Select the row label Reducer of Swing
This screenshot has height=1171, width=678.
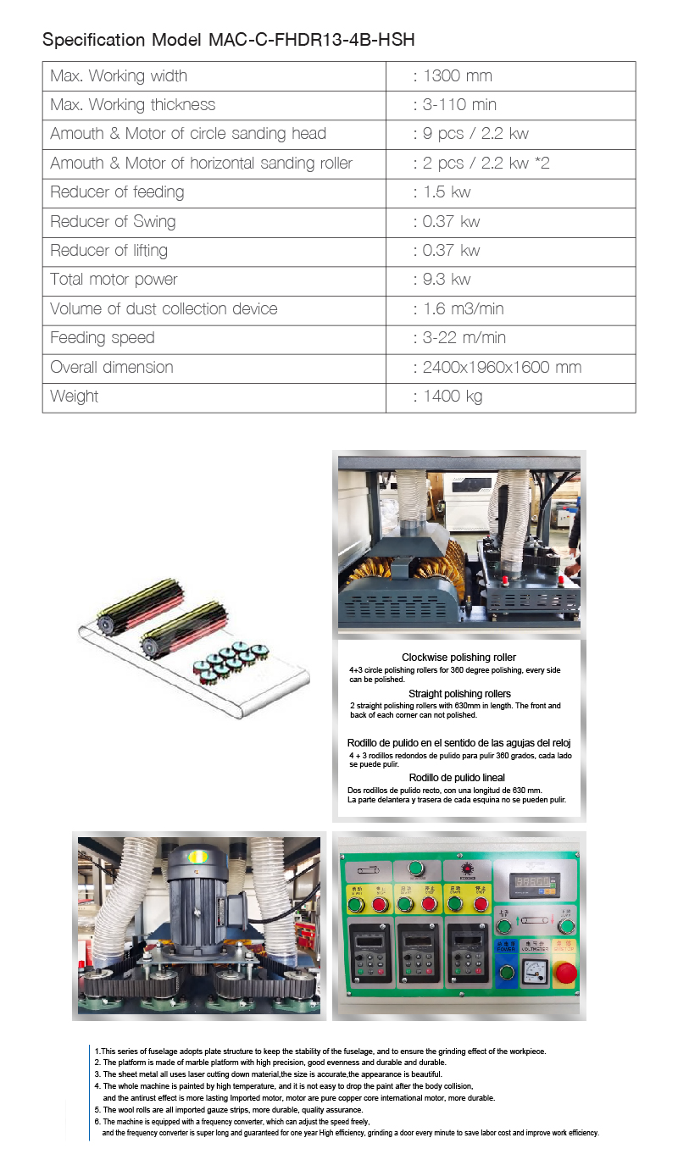pos(113,222)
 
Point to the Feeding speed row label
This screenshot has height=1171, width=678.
pos(103,338)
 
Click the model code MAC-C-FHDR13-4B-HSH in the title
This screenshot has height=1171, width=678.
pos(311,40)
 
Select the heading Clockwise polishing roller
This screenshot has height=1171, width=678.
pos(458,658)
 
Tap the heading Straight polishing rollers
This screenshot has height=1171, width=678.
pos(459,694)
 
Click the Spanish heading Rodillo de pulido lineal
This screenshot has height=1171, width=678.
pos(457,778)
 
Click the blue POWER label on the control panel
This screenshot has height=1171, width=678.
pos(506,946)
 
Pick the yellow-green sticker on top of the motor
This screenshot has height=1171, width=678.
pos(197,857)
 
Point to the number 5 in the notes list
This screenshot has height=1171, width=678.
pos(97,1110)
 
